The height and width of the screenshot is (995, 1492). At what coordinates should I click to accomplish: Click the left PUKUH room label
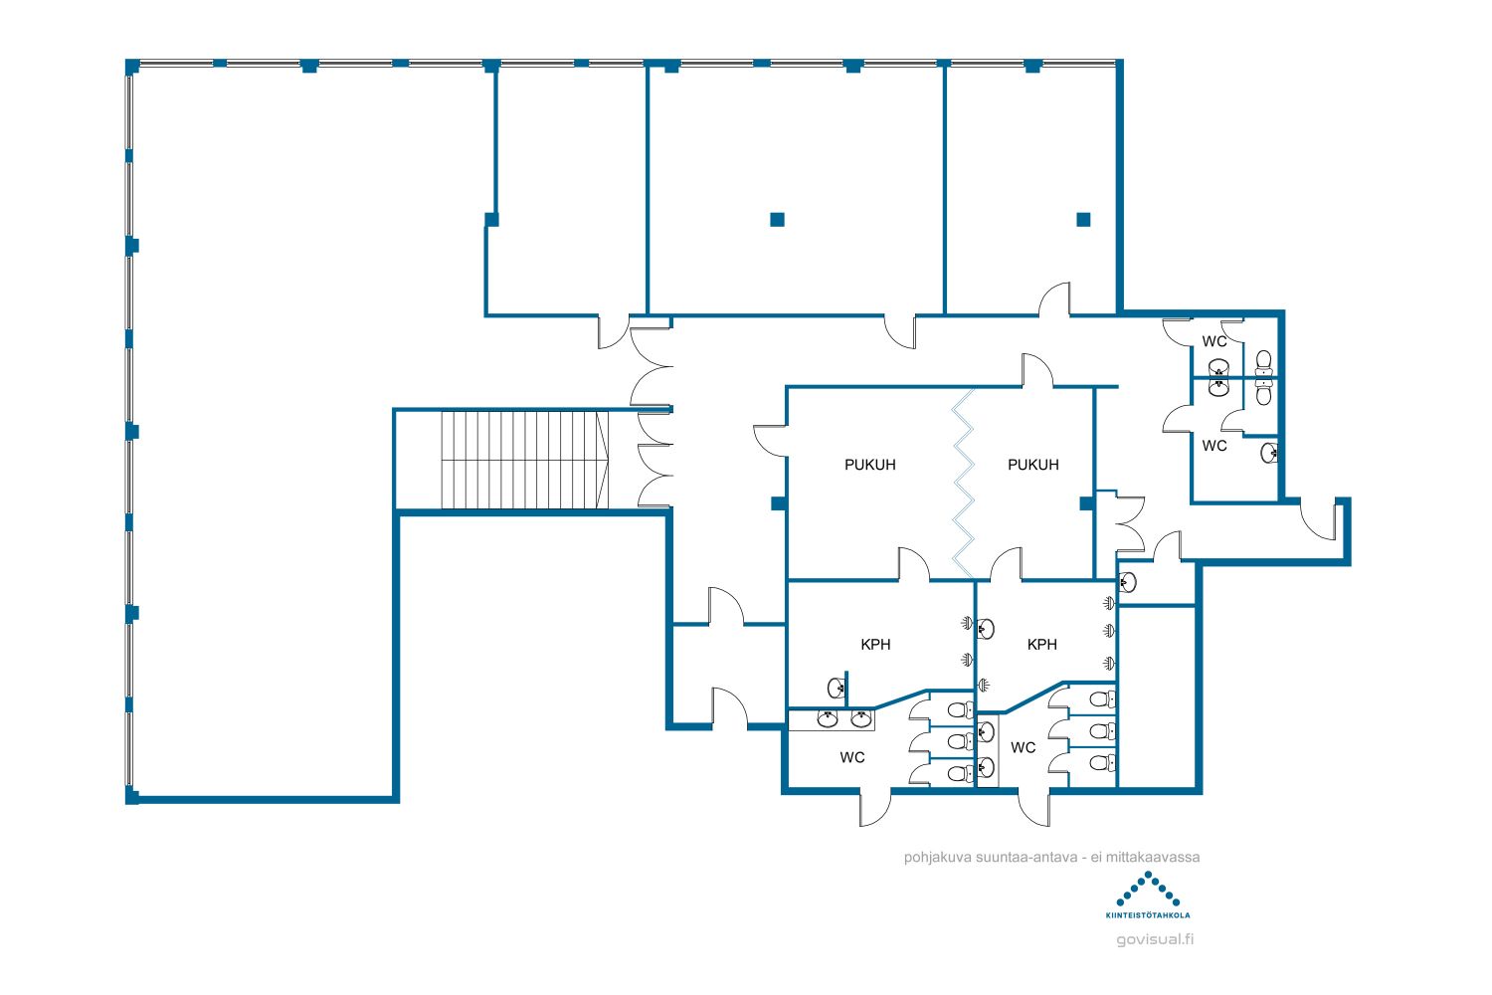point(870,465)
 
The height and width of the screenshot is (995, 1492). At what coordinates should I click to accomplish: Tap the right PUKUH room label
point(1033,465)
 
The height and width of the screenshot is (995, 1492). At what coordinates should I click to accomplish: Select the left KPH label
point(875,645)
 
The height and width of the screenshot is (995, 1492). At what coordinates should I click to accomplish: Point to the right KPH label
point(1041,645)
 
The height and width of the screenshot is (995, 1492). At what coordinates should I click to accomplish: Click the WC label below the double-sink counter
point(851,757)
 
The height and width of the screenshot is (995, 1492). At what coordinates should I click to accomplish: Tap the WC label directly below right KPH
point(1023,748)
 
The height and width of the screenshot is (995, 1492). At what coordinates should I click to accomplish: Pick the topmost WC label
point(1214,341)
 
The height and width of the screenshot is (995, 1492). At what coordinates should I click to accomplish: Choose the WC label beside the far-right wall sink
point(1214,445)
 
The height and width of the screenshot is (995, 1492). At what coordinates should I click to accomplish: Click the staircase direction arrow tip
point(608,460)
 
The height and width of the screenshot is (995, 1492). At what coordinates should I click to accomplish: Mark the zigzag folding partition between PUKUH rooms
point(963,484)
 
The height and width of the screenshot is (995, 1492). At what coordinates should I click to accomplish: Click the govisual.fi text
point(1154,939)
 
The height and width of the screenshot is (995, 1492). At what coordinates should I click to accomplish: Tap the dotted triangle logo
point(1148,890)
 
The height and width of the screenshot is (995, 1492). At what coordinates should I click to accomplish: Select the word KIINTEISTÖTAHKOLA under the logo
point(1148,915)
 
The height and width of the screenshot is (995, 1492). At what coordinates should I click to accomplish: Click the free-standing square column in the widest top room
point(777,219)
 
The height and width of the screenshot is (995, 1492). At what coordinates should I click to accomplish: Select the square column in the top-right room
point(1084,219)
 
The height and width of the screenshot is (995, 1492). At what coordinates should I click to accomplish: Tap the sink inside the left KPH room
point(837,688)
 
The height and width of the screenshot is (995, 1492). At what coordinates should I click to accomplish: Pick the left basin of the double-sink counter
point(828,718)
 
